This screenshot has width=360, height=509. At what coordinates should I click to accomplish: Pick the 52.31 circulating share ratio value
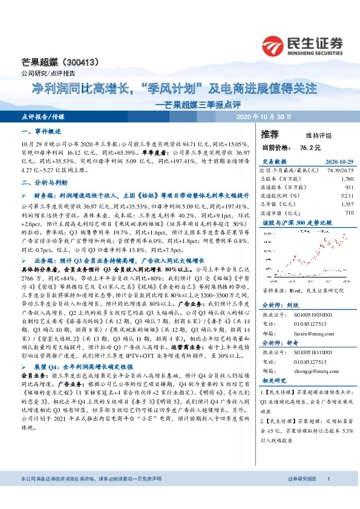346,196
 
